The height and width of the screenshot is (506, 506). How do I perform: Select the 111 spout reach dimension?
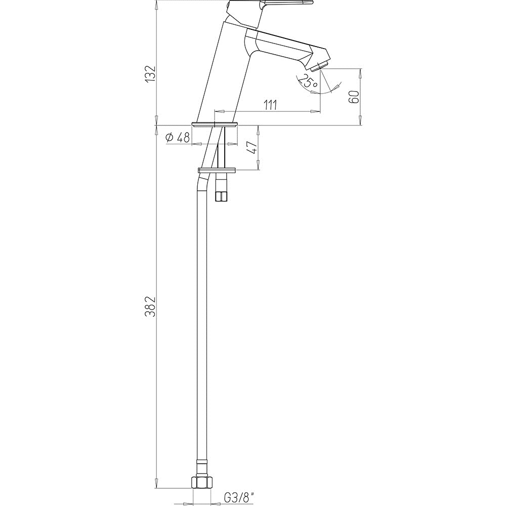click(270, 105)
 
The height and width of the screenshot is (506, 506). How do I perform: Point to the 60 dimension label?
click(354, 97)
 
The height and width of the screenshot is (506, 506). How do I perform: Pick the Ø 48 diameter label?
click(177, 138)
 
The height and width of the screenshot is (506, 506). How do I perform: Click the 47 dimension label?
click(252, 148)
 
